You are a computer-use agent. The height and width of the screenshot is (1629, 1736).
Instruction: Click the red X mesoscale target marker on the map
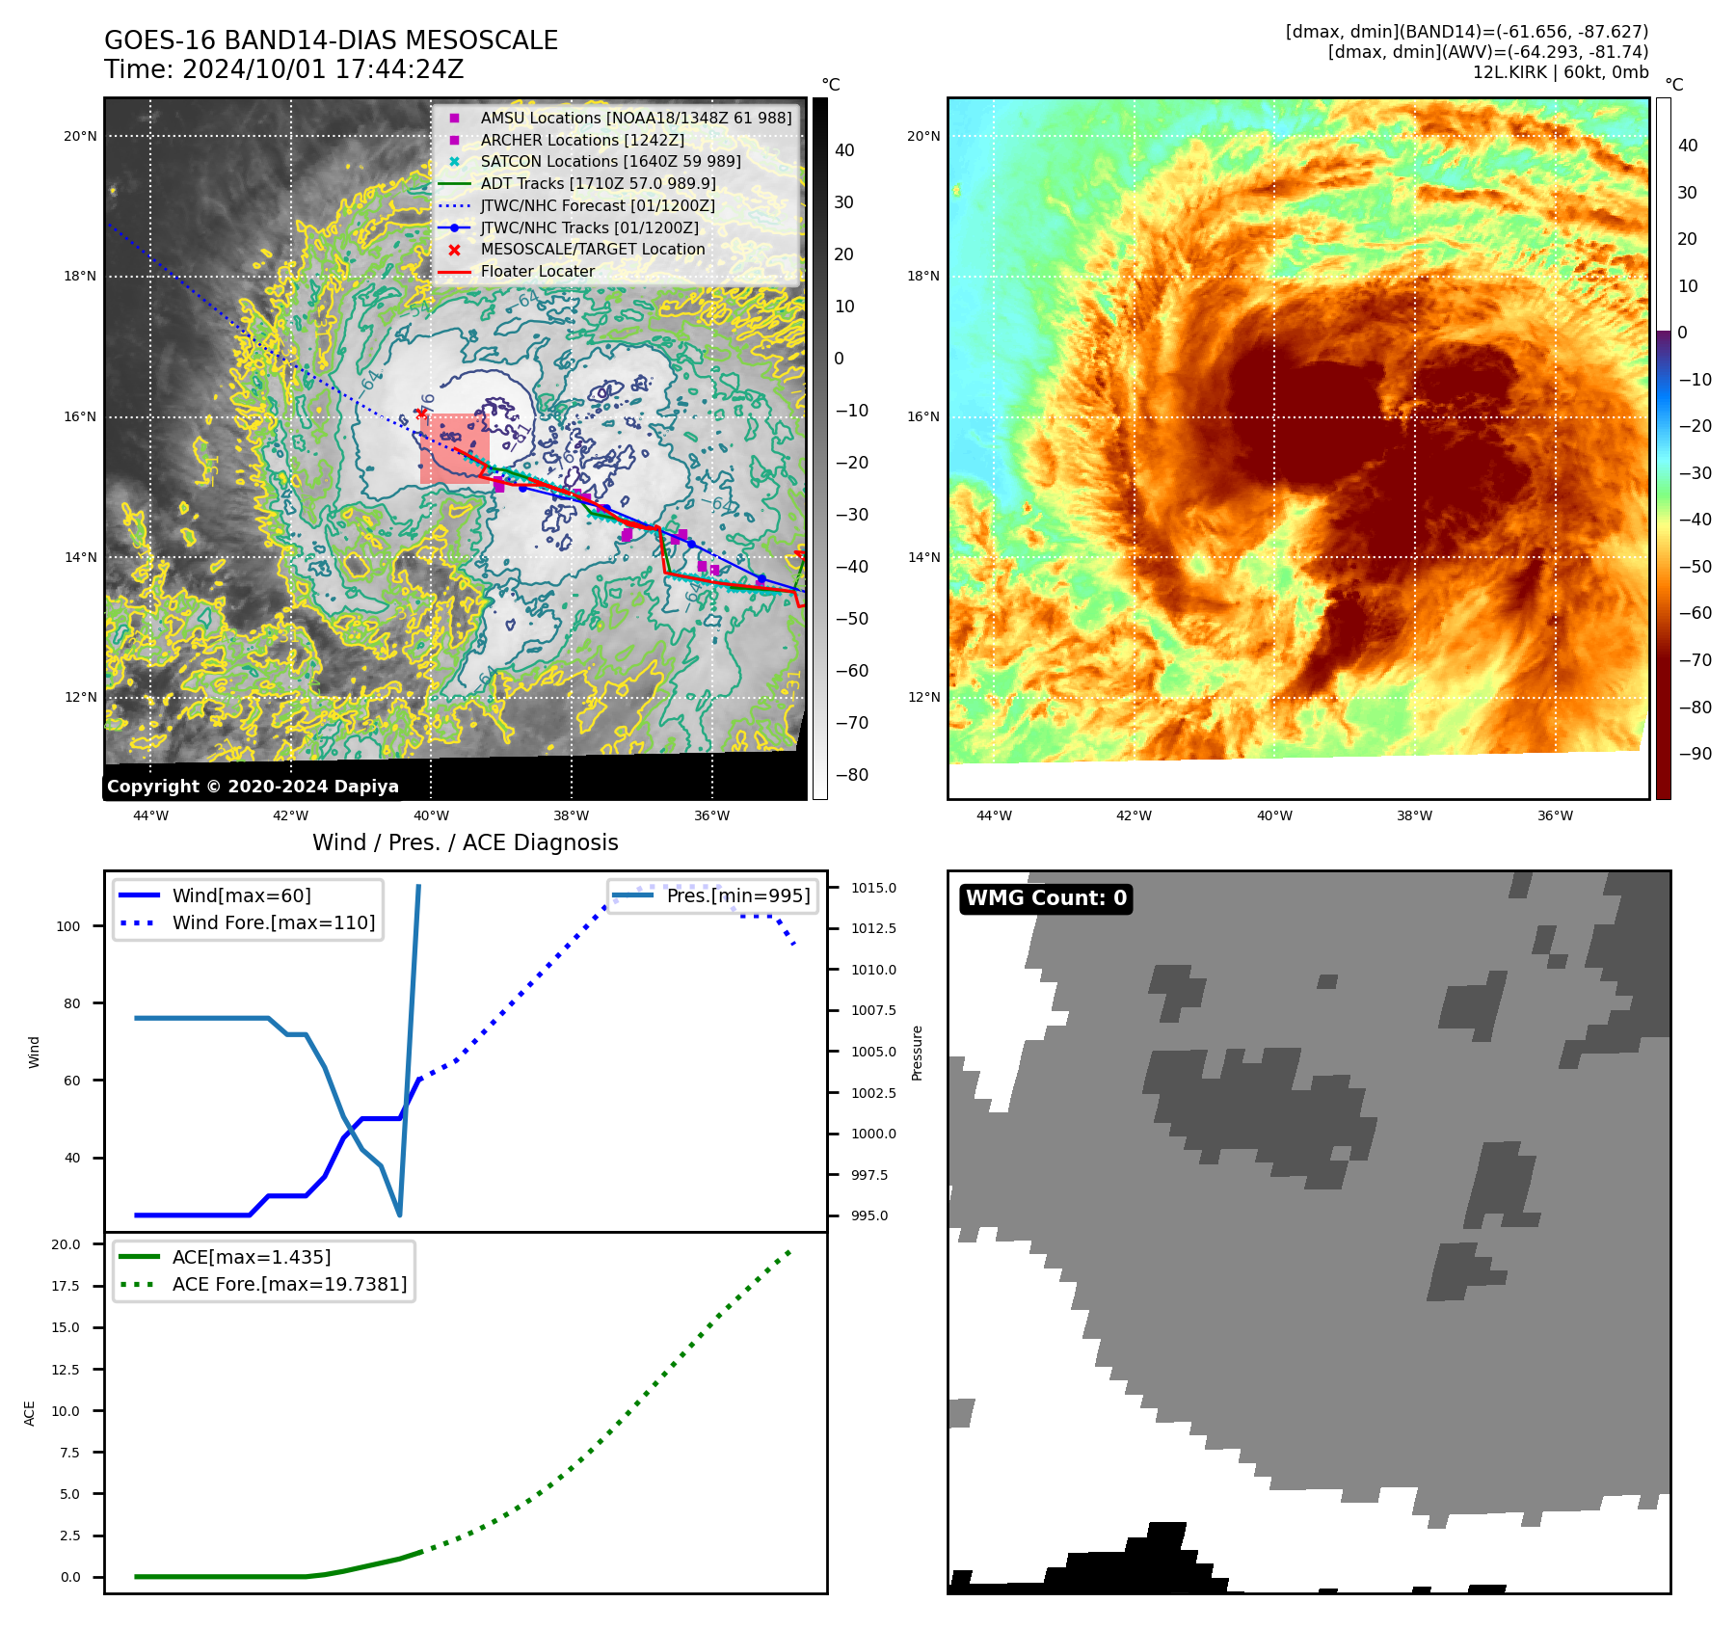pos(421,414)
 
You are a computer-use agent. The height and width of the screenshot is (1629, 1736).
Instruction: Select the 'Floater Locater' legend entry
pos(537,272)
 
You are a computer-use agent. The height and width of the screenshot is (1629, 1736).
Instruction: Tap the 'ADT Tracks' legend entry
pos(598,183)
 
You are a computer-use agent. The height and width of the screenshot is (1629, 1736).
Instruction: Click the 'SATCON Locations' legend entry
pos(610,161)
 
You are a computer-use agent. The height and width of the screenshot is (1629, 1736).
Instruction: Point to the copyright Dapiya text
pos(253,787)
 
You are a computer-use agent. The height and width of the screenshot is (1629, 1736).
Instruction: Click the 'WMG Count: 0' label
pos(1046,898)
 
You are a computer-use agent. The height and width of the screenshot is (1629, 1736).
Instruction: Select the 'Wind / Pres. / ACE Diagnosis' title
pos(466,842)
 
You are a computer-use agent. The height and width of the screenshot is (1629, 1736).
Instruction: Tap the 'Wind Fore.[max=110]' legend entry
pos(274,922)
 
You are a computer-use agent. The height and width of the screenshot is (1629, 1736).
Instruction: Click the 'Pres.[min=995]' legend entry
pos(738,895)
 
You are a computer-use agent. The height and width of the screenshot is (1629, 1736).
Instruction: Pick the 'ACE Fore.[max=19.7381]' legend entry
pos(289,1284)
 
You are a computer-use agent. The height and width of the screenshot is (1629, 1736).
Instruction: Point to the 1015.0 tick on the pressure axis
pos(873,888)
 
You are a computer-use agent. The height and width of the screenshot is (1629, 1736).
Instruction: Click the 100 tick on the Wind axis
pos(68,926)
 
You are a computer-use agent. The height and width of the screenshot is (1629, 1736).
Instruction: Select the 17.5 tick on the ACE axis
pos(66,1286)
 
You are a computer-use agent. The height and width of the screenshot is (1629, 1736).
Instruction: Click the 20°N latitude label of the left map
pos(80,136)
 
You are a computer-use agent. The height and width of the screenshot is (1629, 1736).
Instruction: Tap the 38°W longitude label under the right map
pos(1414,815)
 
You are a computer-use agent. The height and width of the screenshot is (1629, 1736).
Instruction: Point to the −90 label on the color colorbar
pos(1695,754)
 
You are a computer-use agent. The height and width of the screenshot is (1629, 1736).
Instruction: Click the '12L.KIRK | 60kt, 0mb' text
pos(1560,72)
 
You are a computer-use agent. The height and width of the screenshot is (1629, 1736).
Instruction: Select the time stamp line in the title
pos(284,69)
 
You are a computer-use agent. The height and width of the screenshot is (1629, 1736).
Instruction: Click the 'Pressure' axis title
pos(918,1053)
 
